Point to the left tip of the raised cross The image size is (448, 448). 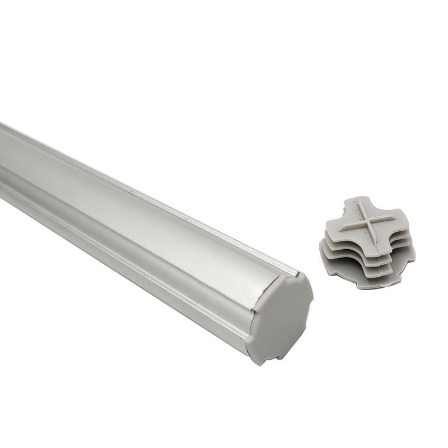click(340, 230)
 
